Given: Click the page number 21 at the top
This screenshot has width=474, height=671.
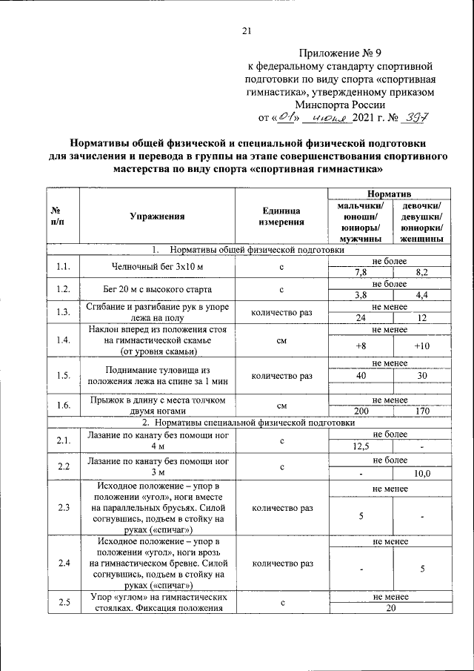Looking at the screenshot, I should coord(247,30).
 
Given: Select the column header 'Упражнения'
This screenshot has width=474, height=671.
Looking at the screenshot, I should coord(156,216).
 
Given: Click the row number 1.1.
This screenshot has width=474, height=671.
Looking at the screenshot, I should coord(62,267).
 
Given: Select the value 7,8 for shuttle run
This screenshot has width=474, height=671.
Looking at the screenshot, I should coord(360,273).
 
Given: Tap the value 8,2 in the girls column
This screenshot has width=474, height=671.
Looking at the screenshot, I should coord(421,273).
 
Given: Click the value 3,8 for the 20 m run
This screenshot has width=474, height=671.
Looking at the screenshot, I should coord(360,295).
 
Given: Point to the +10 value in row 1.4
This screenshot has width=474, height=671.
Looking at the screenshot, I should coord(421,346).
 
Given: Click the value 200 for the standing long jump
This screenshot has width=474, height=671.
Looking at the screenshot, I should coord(360,410).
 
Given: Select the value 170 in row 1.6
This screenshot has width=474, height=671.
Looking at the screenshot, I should coord(421,410).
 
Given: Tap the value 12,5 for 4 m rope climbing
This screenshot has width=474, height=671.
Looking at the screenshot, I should coord(360,447).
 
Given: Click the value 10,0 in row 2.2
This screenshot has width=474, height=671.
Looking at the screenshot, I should coord(421,472).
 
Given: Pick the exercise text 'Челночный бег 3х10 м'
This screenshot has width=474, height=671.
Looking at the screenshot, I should coord(156,267).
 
